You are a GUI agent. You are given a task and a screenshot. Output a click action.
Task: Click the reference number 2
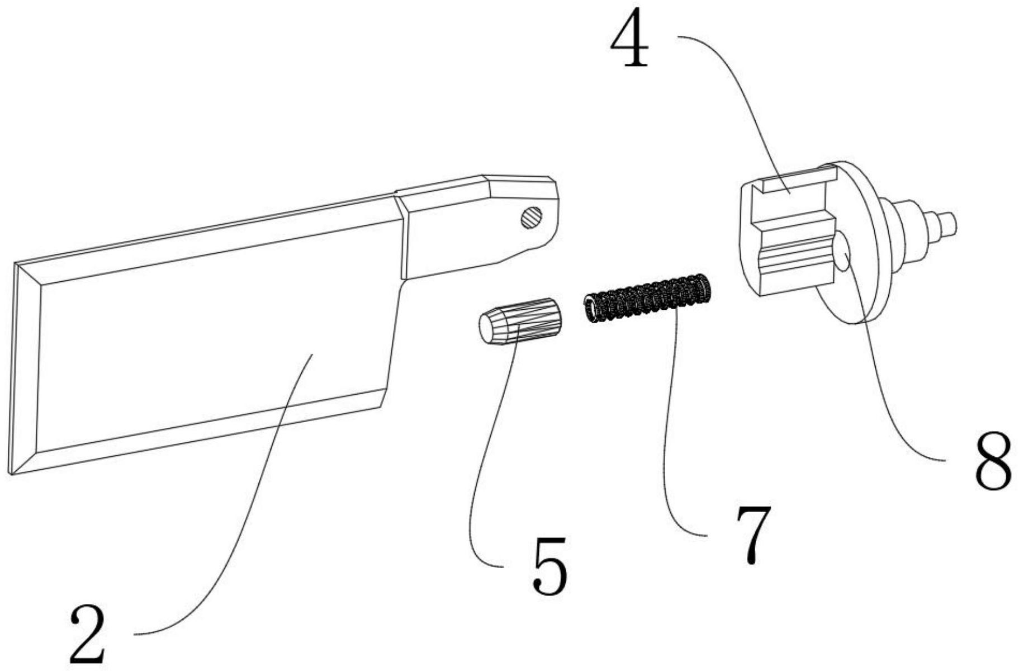pos(88,636)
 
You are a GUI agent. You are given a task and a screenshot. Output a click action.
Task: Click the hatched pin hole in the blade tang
pos(531,217)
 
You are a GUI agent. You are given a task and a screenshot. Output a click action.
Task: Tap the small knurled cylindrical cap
pos(519,321)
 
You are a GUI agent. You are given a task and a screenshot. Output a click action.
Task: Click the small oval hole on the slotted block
pos(842,252)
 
